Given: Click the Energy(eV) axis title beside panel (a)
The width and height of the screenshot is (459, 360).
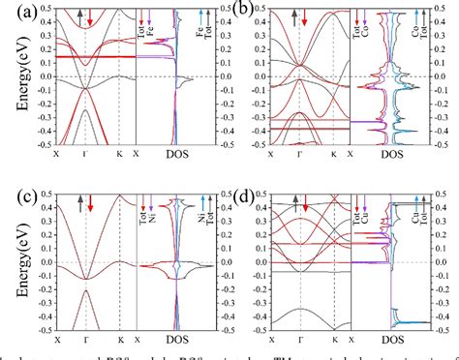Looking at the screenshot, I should coord(10,77).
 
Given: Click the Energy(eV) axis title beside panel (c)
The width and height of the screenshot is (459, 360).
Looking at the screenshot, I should coord(10,263).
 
